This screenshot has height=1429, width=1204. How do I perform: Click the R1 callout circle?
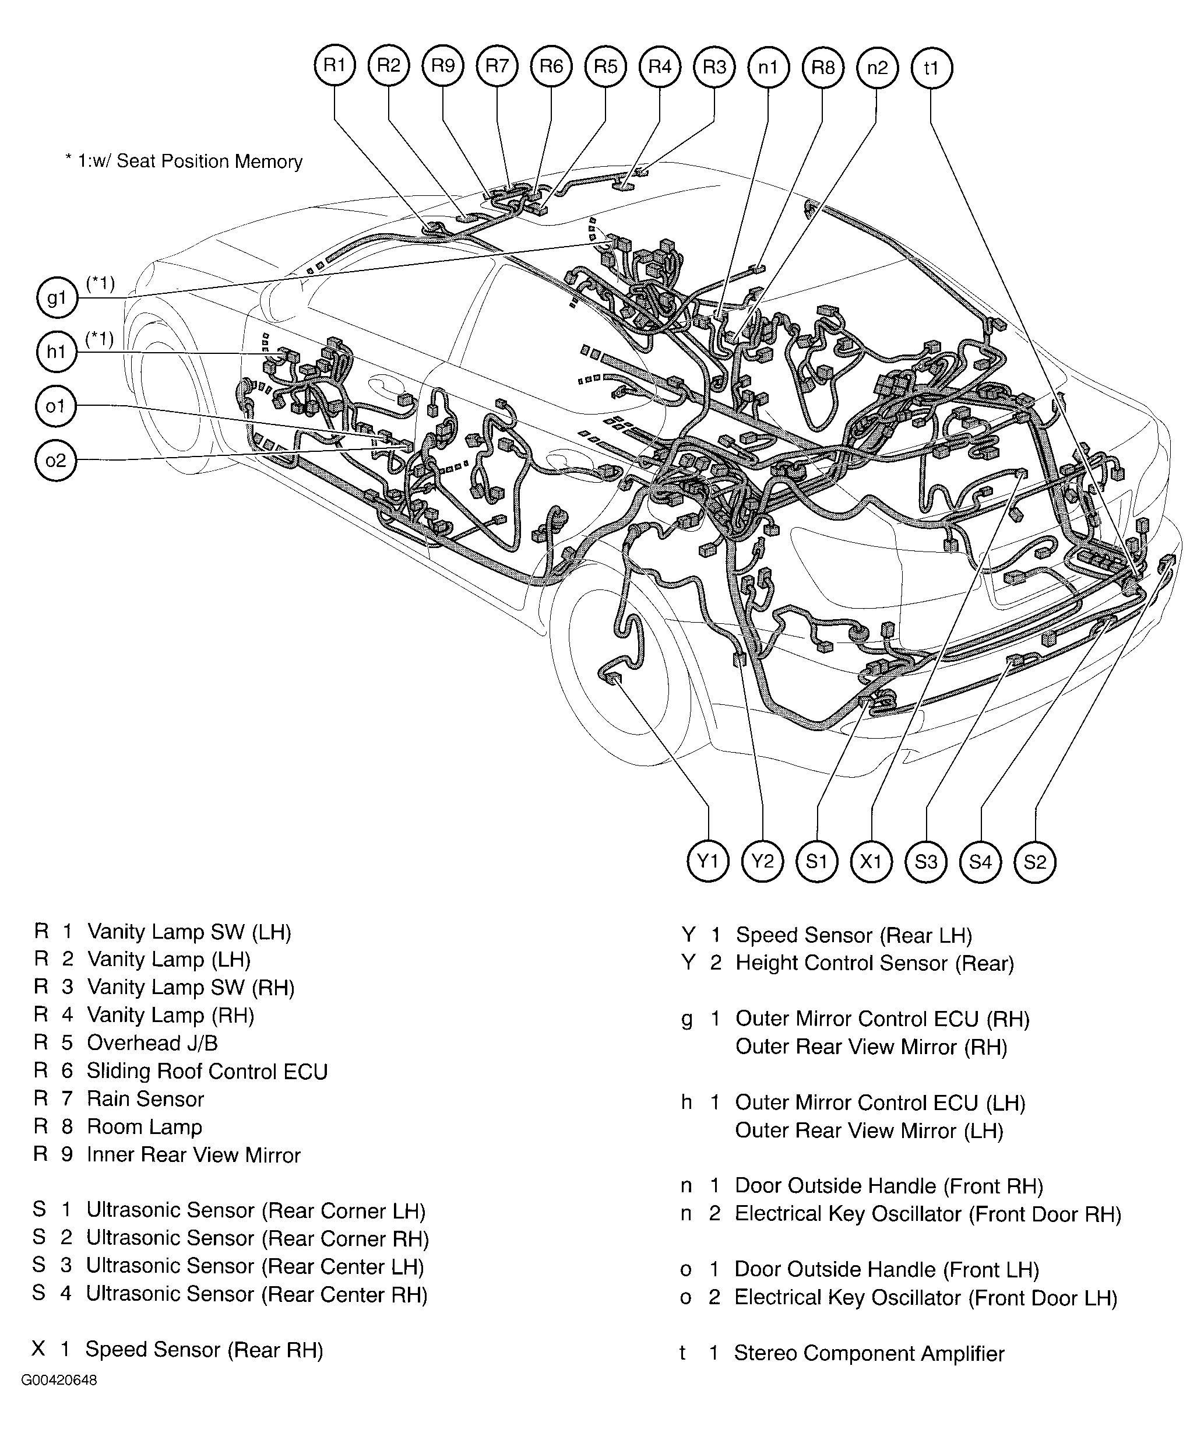click(x=335, y=66)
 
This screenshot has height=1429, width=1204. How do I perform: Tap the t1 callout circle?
click(x=931, y=68)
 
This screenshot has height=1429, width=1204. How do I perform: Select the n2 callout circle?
click(x=877, y=68)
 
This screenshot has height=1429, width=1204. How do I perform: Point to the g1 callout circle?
click(x=56, y=298)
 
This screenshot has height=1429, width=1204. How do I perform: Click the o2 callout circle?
click(x=55, y=461)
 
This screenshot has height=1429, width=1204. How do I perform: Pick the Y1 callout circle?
click(x=708, y=862)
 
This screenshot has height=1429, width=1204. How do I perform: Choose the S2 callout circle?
click(x=1035, y=862)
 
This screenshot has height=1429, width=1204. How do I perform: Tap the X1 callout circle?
click(x=871, y=862)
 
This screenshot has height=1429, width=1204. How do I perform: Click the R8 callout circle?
click(x=822, y=68)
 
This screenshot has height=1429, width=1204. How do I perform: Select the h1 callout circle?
click(x=56, y=352)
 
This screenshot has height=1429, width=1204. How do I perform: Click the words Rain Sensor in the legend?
click(x=145, y=1099)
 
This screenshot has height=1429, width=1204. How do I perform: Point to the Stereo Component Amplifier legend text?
click(x=869, y=1354)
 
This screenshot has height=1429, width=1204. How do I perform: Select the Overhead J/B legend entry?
click(x=152, y=1043)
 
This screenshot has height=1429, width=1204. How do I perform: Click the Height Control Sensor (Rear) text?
click(x=874, y=963)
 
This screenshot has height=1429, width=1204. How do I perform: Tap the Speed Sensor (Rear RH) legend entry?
click(x=204, y=1350)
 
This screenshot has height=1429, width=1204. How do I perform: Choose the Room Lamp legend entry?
click(x=145, y=1127)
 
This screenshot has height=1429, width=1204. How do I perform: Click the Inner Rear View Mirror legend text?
click(x=194, y=1155)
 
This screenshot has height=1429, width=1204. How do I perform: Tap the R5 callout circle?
click(x=605, y=66)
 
